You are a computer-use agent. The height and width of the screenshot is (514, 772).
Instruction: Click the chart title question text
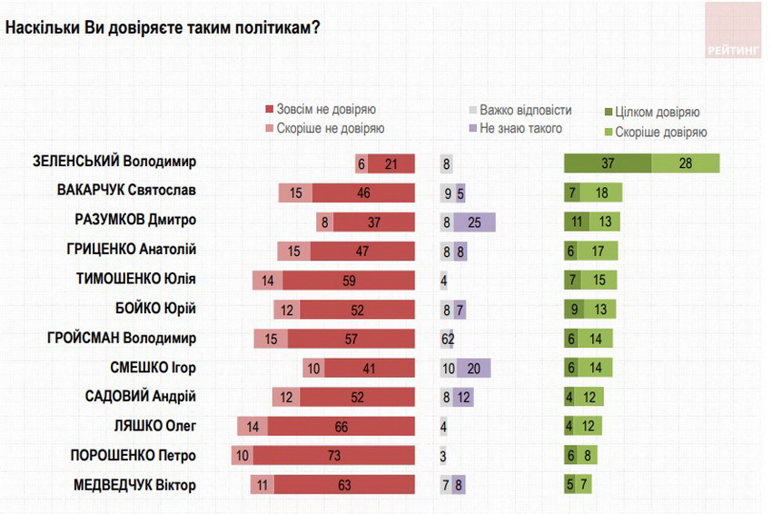[163, 28]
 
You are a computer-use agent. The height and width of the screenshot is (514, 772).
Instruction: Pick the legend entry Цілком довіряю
[650, 113]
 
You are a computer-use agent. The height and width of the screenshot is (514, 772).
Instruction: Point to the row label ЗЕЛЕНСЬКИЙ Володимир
[114, 162]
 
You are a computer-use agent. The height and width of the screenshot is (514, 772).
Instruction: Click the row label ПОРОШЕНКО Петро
[134, 456]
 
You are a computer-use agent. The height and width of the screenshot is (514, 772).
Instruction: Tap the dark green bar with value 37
[608, 163]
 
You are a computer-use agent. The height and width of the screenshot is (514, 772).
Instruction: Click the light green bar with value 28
[686, 163]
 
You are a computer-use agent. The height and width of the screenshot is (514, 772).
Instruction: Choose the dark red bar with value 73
[334, 456]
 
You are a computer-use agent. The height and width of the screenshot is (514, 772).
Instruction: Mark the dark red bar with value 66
[341, 426]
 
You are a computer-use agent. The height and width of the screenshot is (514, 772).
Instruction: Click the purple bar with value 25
[474, 221]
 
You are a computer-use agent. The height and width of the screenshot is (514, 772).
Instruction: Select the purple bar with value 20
[472, 368]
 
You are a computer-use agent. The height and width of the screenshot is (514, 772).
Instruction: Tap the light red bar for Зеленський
[361, 164]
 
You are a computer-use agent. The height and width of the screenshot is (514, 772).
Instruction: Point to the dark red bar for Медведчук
[344, 485]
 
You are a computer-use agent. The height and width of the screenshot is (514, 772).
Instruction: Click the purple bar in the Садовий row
[463, 397]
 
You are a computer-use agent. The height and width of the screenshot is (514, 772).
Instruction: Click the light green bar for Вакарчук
[601, 192]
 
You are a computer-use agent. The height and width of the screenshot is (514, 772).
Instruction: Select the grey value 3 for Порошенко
[443, 456]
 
